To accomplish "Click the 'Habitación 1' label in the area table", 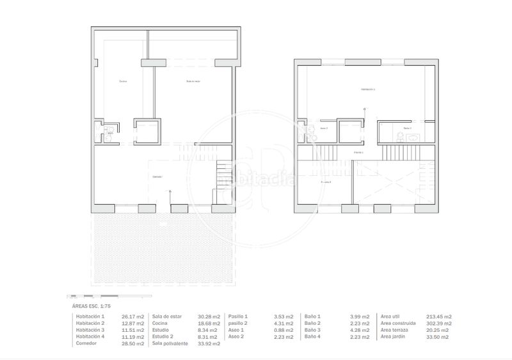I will pos(90,317).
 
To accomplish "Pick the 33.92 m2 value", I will pos(209,343).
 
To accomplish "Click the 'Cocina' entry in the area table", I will pos(160,323).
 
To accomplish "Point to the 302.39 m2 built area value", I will pos(438,323).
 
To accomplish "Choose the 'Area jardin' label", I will pos(394,336).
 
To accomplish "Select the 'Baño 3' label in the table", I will pos(313,330).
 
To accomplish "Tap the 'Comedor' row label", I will pos(86,343).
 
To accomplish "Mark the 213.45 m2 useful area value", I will pos(438,317).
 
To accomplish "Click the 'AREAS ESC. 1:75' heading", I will pos(92,307).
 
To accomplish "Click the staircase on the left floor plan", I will pos(222,173).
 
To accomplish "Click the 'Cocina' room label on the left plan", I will pos(123,81).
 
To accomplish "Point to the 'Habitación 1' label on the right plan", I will pos(367,90).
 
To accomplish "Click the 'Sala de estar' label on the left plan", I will pos(193,81).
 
